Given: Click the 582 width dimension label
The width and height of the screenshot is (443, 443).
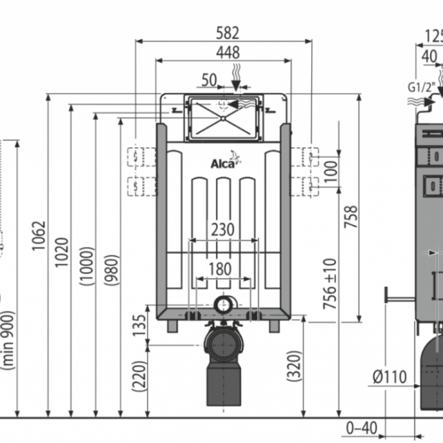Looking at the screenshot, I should pos(227,33).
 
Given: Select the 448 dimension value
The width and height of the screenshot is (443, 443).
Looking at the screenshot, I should pos(226,52).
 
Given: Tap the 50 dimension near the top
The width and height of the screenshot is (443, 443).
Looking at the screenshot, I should pos(209,80).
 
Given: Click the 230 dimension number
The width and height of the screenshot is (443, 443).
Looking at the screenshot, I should pos(223,229).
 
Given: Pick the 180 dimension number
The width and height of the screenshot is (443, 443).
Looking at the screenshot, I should pos(220,269).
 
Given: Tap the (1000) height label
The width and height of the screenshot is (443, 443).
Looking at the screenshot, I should pos(87,266).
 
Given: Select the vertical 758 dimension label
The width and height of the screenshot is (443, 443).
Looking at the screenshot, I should pos(350,217).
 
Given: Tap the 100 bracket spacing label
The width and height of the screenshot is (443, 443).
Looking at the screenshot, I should pos(331,170).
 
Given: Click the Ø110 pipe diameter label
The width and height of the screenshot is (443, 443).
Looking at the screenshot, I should pos(390,378).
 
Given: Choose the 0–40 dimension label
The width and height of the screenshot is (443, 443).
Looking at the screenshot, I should pos(361,428).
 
